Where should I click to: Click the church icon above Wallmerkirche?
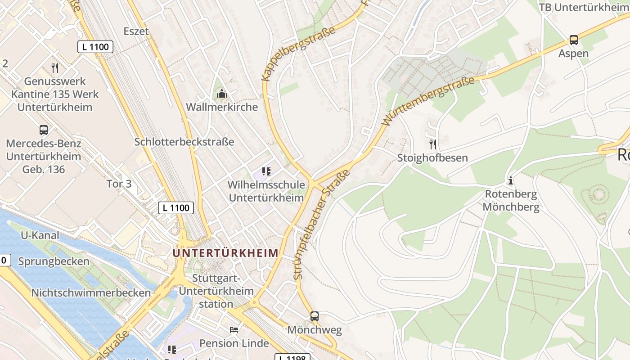(221, 94)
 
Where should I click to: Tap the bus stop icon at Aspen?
(573, 40)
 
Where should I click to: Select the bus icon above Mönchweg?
(315, 316)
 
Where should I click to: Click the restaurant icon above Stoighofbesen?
(433, 144)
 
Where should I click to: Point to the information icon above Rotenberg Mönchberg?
(511, 181)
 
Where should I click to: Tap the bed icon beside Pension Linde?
(234, 330)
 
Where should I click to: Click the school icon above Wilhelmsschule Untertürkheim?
(266, 171)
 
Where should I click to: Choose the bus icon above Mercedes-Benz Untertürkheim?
(44, 130)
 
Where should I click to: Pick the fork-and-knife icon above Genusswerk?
(55, 68)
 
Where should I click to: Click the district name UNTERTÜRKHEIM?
(225, 253)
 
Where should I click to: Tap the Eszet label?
(136, 31)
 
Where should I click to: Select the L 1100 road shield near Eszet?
(95, 47)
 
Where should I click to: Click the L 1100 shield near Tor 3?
(176, 208)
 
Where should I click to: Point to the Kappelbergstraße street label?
(299, 54)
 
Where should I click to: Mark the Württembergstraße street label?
(428, 101)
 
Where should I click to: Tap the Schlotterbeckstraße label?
(184, 142)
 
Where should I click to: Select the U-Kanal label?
(40, 235)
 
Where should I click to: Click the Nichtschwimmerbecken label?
(91, 293)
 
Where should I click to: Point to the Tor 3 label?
(119, 184)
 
